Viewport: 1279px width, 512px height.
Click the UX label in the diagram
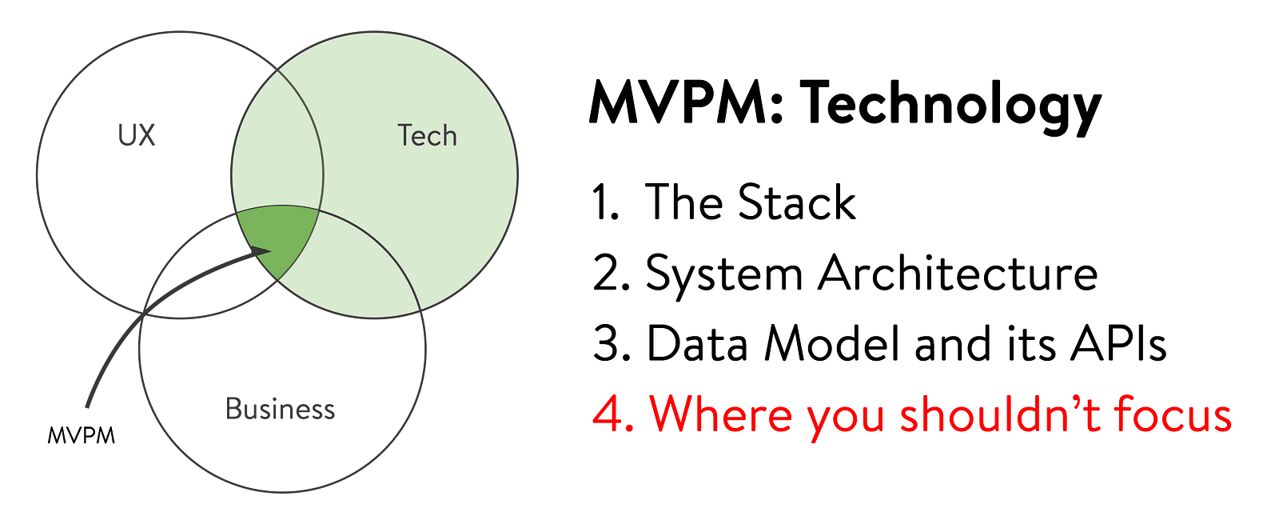point(137,135)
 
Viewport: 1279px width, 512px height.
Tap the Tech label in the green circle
point(427,136)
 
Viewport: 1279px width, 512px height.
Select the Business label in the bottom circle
point(281,409)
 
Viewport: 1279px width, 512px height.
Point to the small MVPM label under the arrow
point(81,436)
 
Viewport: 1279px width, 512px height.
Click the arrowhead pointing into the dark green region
point(262,251)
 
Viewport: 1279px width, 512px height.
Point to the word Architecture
point(958,272)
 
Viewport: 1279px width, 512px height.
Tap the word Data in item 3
point(696,343)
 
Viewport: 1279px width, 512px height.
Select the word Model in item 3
point(833,343)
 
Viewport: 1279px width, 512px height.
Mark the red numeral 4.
point(613,414)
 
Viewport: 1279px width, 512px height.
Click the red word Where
point(720,413)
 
